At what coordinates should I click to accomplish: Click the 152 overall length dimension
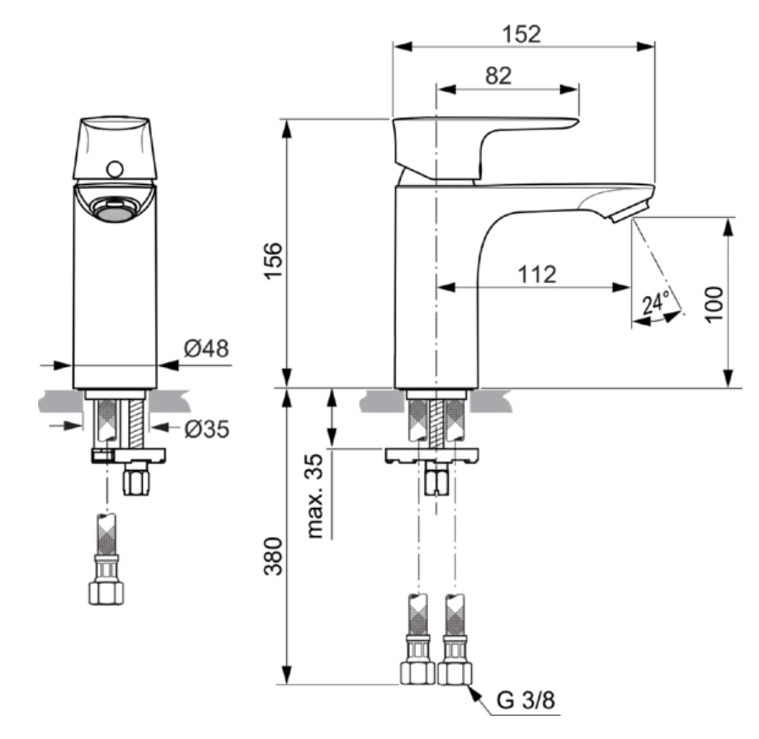click(x=521, y=34)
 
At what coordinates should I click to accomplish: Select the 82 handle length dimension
click(x=498, y=76)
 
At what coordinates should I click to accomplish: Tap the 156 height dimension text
click(x=273, y=261)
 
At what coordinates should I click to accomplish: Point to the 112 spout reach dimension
click(x=537, y=275)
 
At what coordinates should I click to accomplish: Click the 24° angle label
click(x=656, y=303)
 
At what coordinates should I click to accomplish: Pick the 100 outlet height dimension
click(x=714, y=304)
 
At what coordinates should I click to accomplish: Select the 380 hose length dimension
click(x=273, y=556)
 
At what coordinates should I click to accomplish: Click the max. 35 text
click(x=315, y=496)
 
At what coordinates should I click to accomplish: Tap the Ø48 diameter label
click(x=206, y=348)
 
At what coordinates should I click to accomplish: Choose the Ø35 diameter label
click(x=207, y=429)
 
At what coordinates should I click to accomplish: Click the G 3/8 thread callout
click(x=526, y=700)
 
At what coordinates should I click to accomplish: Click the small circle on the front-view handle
click(x=115, y=169)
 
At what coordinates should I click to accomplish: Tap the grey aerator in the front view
click(x=115, y=210)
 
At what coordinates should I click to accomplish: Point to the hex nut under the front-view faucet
click(x=136, y=479)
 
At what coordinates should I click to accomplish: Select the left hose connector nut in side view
click(x=417, y=673)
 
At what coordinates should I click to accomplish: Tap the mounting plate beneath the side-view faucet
click(x=432, y=455)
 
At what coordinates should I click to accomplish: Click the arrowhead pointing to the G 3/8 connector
click(x=475, y=693)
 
